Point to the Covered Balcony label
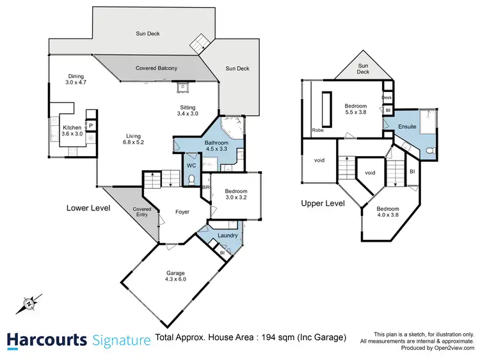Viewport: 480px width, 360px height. pyautogui.click(x=156, y=68)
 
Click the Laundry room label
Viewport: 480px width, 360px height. pyautogui.click(x=227, y=235)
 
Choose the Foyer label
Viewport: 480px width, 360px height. pyautogui.click(x=182, y=212)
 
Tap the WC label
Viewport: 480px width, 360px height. pyautogui.click(x=191, y=166)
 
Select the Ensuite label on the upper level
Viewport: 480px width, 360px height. pyautogui.click(x=407, y=127)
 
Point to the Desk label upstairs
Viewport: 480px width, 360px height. pyautogui.click(x=387, y=98)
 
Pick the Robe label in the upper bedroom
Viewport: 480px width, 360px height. pyautogui.click(x=317, y=130)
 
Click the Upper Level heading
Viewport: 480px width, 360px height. pyautogui.click(x=323, y=203)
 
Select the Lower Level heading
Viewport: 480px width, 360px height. pyautogui.click(x=88, y=208)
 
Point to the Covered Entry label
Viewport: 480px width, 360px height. pyautogui.click(x=141, y=212)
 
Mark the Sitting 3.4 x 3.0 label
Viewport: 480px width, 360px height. pyautogui.click(x=187, y=111)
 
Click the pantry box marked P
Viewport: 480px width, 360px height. pyautogui.click(x=91, y=127)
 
